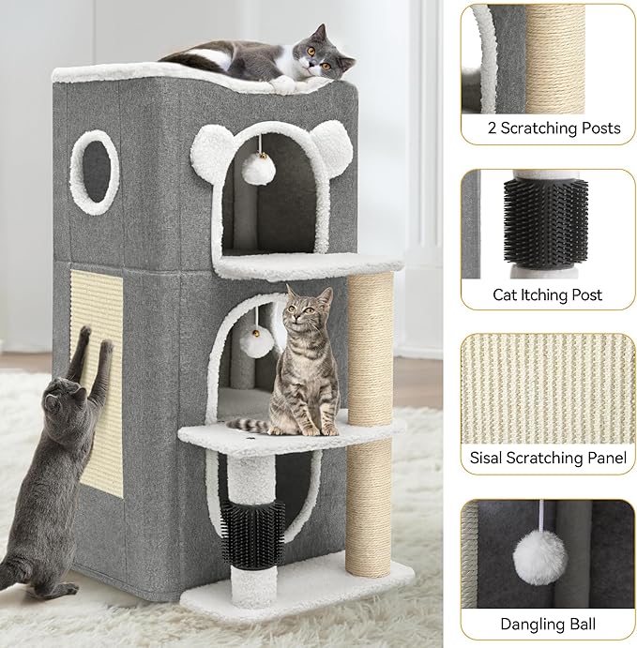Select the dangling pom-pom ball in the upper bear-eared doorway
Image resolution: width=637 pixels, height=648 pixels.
click(x=253, y=170)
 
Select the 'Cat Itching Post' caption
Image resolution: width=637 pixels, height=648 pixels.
click(x=547, y=294)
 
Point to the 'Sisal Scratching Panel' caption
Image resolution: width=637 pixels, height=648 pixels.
click(x=547, y=459)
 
